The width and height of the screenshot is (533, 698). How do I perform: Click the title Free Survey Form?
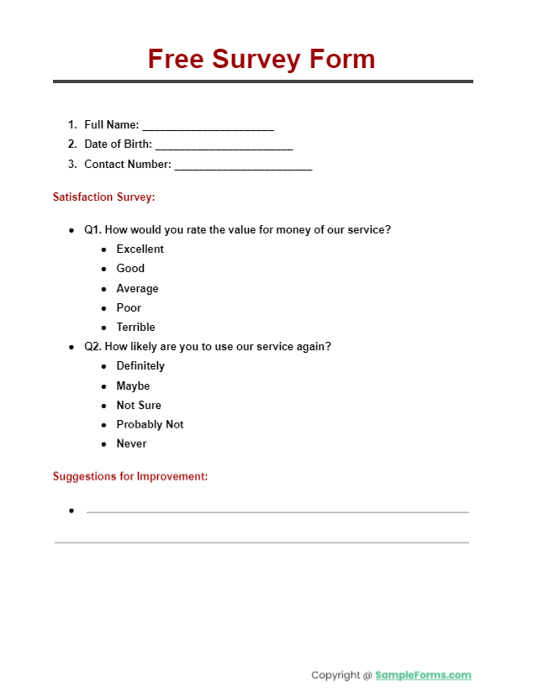coord(261,60)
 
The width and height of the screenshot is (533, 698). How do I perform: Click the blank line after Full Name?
coord(208,126)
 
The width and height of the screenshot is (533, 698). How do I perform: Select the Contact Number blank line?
coord(243,165)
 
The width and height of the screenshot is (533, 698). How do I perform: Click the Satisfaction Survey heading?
coord(104,197)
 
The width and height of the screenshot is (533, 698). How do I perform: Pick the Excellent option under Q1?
coord(140,249)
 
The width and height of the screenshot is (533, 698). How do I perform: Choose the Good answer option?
coord(130,269)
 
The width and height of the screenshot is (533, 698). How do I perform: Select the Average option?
coord(137,289)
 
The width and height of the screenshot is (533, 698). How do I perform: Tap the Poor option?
coord(129,308)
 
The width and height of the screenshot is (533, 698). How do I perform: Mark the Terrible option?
coord(135,328)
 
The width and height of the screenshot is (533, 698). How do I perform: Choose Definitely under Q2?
coord(140,366)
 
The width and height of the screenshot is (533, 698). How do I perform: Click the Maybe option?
coord(133,386)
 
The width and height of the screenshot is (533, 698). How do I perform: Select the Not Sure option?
coord(139,406)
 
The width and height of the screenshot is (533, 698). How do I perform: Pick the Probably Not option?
coord(150,425)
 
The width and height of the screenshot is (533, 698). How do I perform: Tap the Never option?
coord(131,444)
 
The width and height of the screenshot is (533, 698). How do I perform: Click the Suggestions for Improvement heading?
coord(130,477)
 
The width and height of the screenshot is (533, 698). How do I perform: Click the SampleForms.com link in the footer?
coord(423,675)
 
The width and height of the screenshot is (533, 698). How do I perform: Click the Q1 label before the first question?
coord(92,230)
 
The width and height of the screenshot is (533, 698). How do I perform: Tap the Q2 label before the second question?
coord(92,347)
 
